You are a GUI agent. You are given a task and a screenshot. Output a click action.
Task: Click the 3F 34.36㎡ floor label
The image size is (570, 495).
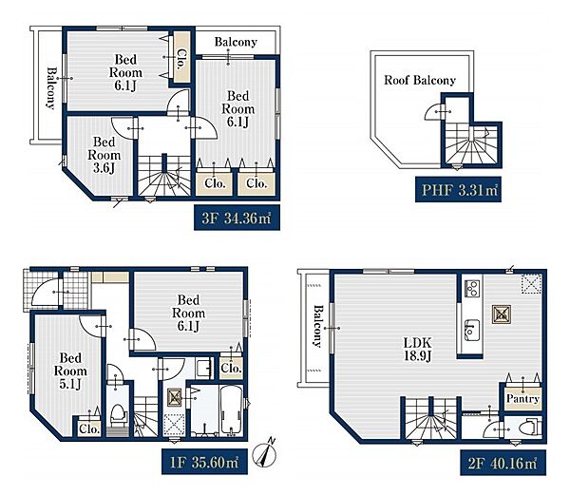tap(237, 219)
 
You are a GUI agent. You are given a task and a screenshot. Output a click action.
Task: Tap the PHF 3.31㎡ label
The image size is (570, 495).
tap(459, 189)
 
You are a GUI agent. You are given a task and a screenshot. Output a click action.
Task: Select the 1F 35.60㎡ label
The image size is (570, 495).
tap(204, 462)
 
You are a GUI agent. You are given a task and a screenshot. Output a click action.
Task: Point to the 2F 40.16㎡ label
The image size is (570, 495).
tap(503, 463)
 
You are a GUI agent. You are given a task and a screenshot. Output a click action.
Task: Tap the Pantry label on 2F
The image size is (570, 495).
tap(522, 398)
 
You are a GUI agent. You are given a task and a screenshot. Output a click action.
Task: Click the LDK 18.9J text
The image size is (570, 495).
tap(418, 349)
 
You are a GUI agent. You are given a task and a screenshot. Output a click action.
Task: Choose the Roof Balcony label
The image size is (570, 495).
tap(420, 80)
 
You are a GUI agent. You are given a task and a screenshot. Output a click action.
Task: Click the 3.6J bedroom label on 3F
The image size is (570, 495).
tap(104, 155)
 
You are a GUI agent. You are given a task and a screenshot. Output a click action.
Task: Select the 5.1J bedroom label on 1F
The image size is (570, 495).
tap(70, 371)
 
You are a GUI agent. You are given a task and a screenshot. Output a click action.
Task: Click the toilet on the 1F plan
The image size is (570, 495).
tap(118, 415)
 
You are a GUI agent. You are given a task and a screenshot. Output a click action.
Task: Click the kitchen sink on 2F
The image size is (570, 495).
tap(472, 330)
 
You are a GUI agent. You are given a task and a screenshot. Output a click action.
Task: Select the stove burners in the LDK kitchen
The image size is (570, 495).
tap(472, 289)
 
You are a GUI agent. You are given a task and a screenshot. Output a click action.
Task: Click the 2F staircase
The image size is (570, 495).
tap(430, 420)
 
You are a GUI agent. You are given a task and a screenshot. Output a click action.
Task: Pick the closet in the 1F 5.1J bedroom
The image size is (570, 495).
tap(88, 428)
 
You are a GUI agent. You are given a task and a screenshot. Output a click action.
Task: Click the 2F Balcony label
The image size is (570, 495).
tap(317, 326)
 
